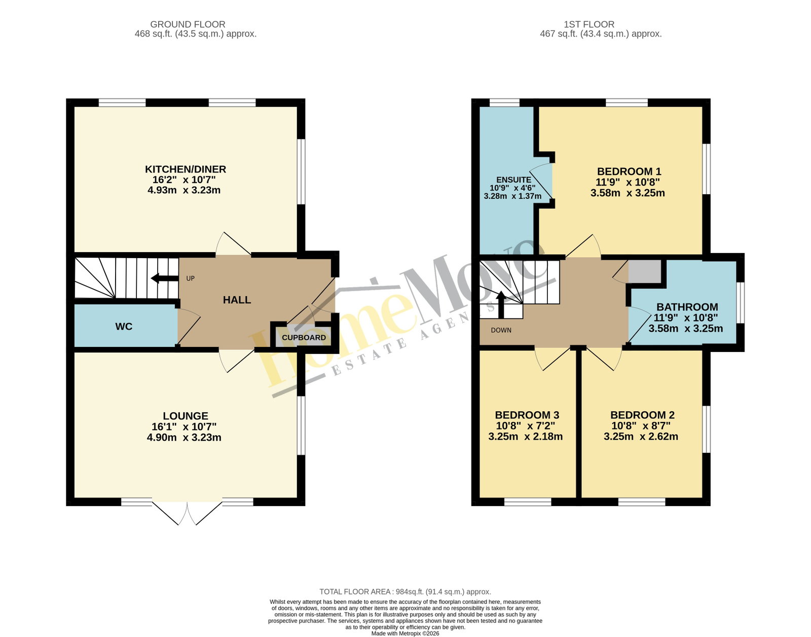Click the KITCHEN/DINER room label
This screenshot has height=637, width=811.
point(186,169)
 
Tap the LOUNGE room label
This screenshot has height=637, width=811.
point(186,416)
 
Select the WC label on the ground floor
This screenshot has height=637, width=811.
point(124,327)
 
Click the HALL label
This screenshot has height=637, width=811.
point(237,300)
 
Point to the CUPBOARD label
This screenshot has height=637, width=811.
point(304,338)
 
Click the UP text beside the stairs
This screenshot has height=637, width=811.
point(191,278)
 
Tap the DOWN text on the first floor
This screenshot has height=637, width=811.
point(501,331)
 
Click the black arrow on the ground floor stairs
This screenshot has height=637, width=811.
point(165,278)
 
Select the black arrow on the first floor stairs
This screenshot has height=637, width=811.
point(501,305)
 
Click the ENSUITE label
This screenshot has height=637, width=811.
point(513,180)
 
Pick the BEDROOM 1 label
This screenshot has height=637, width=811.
point(629,171)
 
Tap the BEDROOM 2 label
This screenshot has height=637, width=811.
point(642,415)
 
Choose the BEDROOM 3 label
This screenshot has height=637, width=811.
point(527,415)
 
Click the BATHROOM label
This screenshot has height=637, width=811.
point(687,307)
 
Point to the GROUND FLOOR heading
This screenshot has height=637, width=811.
point(188,24)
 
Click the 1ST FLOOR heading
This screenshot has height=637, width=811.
point(589,24)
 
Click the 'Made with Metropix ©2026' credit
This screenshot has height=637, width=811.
point(405,633)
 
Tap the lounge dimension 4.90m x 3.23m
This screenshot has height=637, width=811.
point(184,437)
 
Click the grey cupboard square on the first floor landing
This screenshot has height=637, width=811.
point(645,271)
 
